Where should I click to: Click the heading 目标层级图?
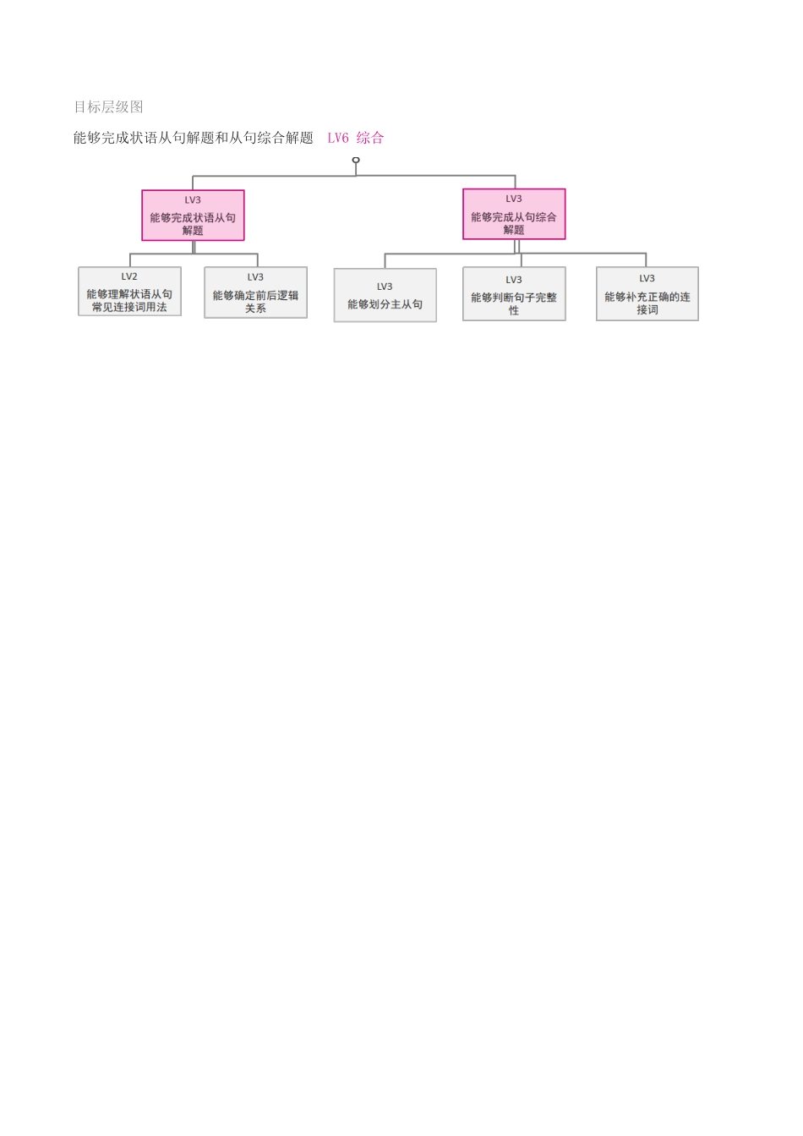click(x=108, y=107)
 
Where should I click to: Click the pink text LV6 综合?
click(x=355, y=138)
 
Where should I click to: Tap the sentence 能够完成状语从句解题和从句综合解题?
click(x=193, y=138)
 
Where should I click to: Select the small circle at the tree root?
click(x=356, y=160)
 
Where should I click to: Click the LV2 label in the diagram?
click(x=129, y=276)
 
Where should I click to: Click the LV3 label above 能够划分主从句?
click(x=385, y=287)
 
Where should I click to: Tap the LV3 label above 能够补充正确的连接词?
click(x=647, y=278)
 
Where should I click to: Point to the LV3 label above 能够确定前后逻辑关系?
click(x=255, y=277)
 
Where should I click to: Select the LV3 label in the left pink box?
click(x=193, y=200)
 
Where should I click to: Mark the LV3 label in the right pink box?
click(x=514, y=199)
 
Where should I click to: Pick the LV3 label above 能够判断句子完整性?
click(x=514, y=280)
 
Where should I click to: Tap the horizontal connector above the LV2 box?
click(x=161, y=254)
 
